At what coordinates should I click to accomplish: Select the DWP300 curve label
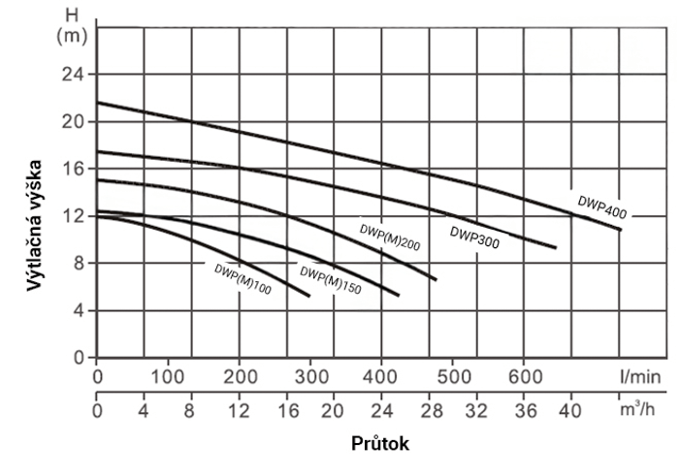(474, 238)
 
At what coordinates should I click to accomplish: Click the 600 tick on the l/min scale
(524, 376)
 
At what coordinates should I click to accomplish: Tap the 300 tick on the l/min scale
(310, 376)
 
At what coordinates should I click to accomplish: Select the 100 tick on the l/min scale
(168, 376)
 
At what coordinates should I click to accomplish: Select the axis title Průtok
(380, 445)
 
